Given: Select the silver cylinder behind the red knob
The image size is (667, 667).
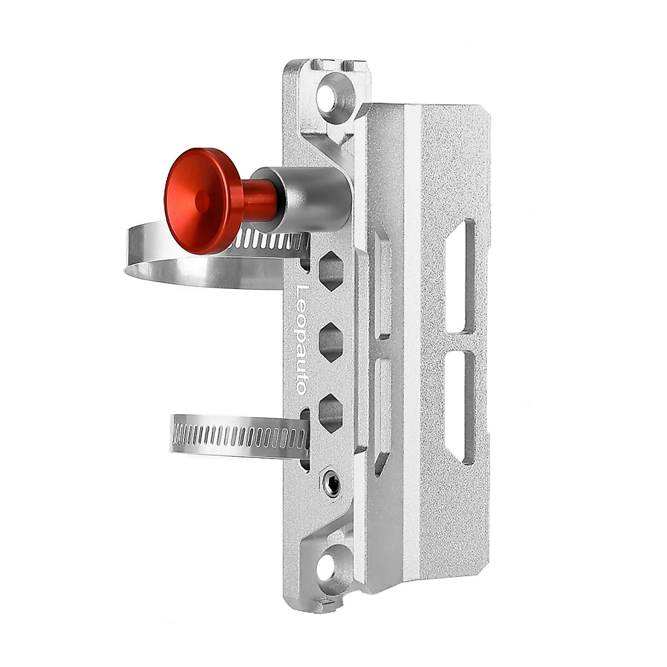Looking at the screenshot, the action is click(x=305, y=200).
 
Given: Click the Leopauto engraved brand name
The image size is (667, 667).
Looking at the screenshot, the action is click(x=302, y=339).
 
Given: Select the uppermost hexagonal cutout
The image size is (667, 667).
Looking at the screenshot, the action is click(x=330, y=270).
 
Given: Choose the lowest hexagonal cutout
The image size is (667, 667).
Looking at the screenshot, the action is click(x=330, y=412).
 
